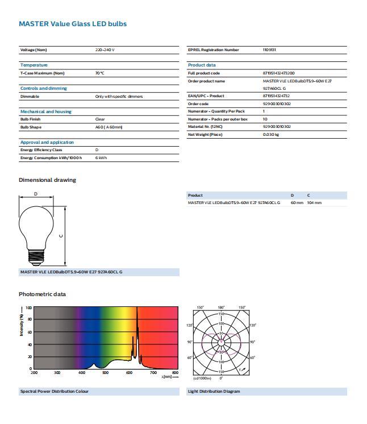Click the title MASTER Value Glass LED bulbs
pos(73,24)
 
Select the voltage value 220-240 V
pos(105,50)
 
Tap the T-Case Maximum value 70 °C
pos(99,73)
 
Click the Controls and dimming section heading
pos(43,88)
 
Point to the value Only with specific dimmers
pos(119,97)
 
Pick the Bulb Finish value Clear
pos(100,119)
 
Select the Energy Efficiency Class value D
pos(97,150)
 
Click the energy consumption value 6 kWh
pos(101,157)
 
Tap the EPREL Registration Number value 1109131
pos(269,50)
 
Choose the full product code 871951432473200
pos(278,73)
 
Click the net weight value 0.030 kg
pos(271,135)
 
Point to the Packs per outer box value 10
pos(265,119)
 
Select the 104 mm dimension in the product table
pos(314,203)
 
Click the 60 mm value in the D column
pos(297,203)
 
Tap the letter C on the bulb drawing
pos(60,235)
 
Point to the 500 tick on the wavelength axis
pos(105,373)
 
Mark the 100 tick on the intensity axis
pos(28,307)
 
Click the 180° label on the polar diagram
pos(222,307)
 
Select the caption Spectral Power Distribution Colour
pos(55,391)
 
